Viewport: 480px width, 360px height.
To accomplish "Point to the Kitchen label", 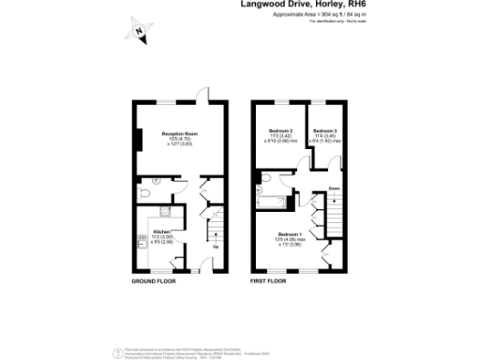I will click(161, 231).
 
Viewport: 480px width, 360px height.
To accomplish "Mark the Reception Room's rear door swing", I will click(202, 94).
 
